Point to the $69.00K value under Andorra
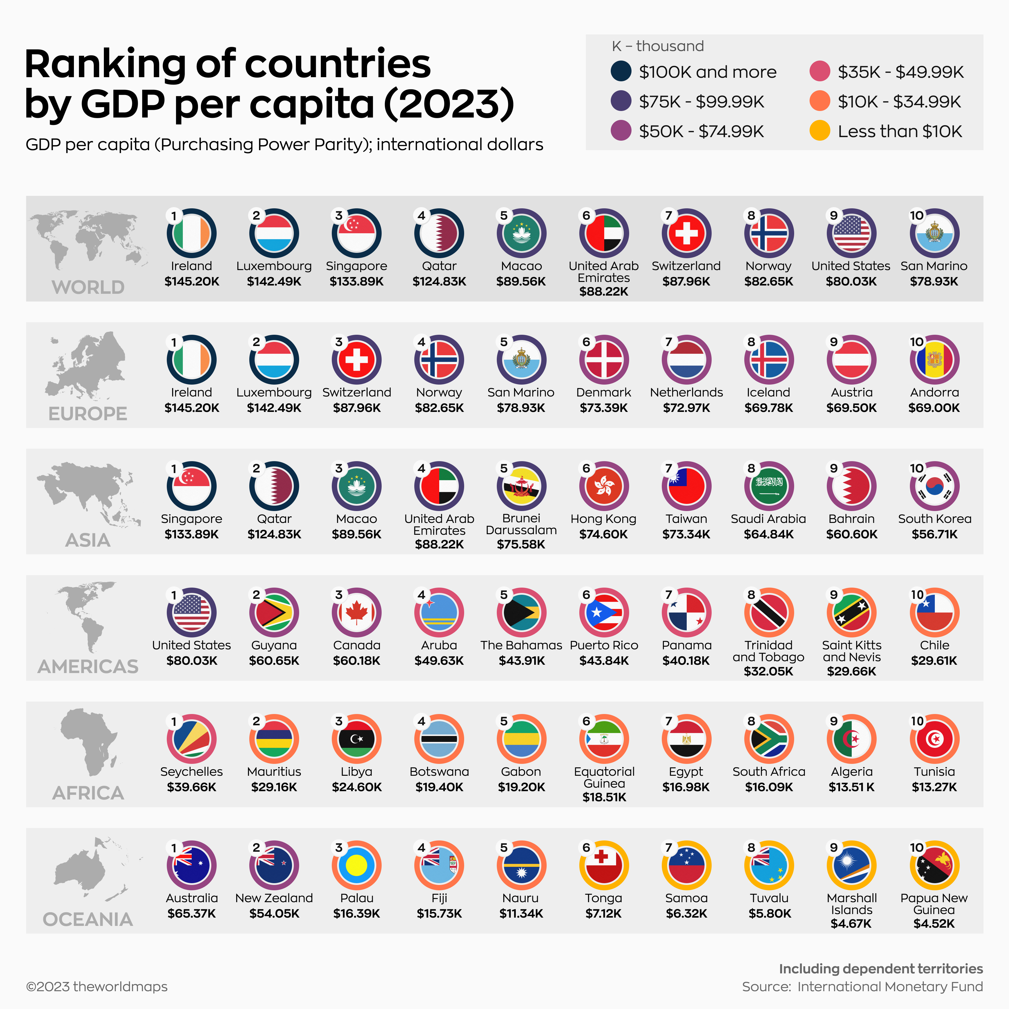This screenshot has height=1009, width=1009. (934, 408)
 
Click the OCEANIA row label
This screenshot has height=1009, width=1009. (88, 919)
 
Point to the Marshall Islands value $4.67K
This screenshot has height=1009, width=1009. (851, 923)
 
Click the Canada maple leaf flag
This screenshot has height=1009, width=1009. (357, 613)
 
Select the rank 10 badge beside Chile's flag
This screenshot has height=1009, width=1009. (917, 594)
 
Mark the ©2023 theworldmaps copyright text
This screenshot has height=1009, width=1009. (97, 986)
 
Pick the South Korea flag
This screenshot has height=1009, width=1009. (934, 486)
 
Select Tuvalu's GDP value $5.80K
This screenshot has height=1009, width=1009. (769, 913)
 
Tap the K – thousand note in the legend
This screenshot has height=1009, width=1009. (658, 46)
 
